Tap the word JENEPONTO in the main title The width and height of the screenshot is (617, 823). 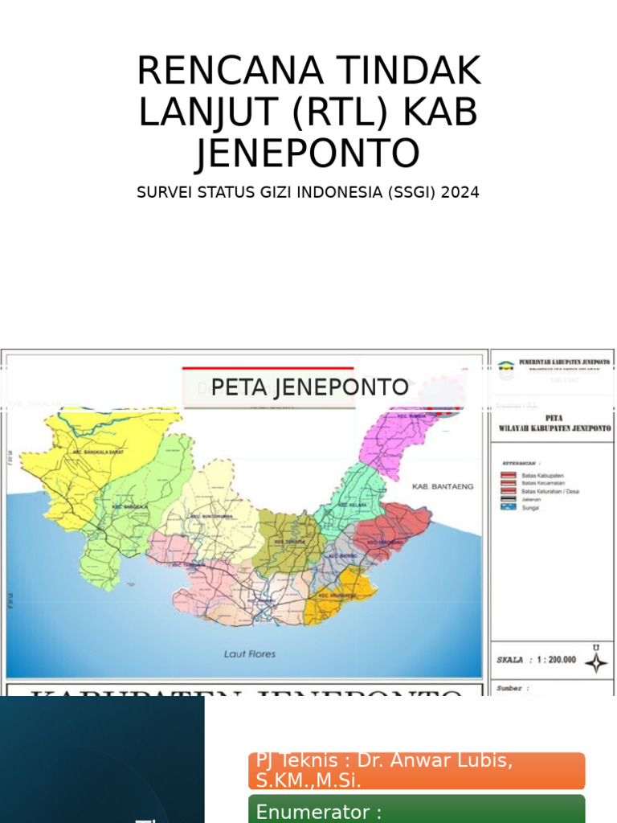(308, 153)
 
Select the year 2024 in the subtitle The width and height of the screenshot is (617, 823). (460, 193)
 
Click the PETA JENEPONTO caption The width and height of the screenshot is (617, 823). (309, 387)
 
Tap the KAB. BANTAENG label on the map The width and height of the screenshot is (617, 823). (443, 486)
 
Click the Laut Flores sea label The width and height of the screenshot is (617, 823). (250, 654)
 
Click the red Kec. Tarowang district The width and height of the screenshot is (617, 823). (390, 534)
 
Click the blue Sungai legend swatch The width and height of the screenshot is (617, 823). (508, 507)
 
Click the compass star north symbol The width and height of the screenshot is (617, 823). (595, 661)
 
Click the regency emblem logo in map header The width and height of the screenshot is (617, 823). (505, 371)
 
